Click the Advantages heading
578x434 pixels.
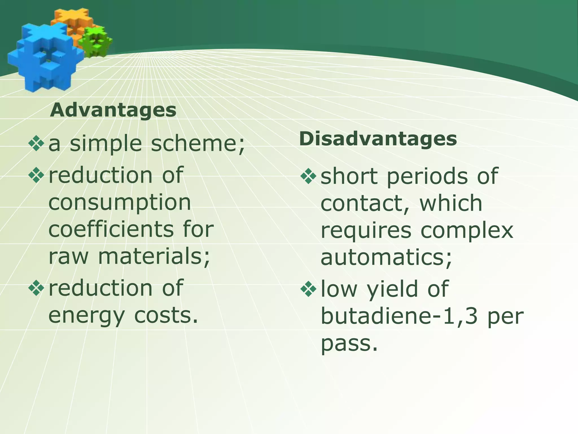point(113,110)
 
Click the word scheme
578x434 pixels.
point(198,144)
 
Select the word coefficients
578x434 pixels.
point(111,229)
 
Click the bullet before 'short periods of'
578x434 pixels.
point(308,176)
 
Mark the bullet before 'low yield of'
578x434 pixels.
point(308,289)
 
